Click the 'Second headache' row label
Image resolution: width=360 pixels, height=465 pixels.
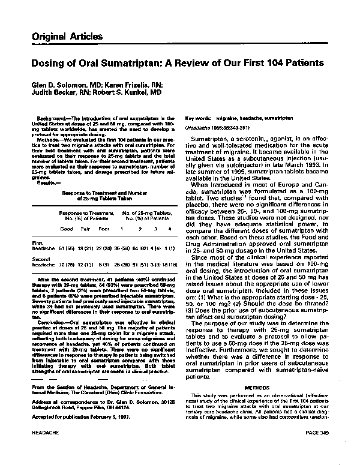[42, 260]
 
